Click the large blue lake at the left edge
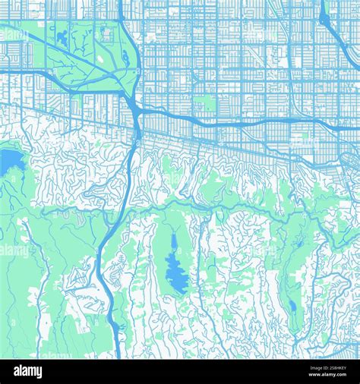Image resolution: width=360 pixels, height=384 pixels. [x=9, y=161]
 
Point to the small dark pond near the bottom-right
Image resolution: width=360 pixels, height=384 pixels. [x=292, y=307]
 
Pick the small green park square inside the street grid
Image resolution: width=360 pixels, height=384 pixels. [x=204, y=103]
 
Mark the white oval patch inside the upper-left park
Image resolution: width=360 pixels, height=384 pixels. [x=104, y=34]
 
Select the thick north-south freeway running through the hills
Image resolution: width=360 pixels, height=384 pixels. [x=122, y=197]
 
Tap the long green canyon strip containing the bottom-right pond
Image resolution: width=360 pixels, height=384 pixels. [x=292, y=273]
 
